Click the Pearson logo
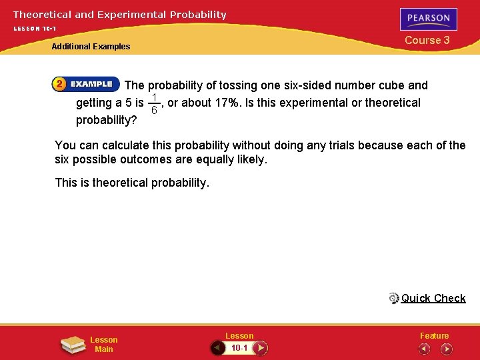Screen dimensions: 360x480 tap(429, 19)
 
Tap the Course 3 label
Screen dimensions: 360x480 tap(427, 40)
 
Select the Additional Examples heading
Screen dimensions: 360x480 tap(91, 47)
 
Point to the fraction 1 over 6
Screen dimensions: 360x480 tap(154, 103)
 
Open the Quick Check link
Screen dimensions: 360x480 tap(433, 298)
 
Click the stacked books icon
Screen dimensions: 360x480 tap(73, 345)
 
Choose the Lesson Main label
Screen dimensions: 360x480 tap(103, 345)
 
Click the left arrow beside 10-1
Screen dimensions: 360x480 tap(217, 348)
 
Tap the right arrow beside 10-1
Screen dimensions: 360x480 tap(261, 348)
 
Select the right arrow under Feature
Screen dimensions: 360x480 tap(447, 349)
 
